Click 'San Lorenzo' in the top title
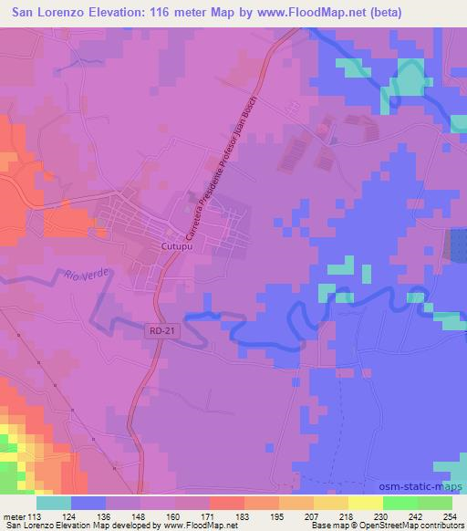click(47, 12)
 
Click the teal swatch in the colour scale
click(54, 503)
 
